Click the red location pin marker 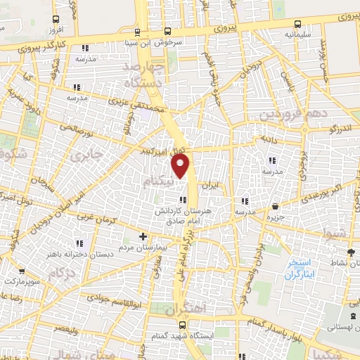click(x=181, y=165)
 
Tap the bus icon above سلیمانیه click(x=294, y=20)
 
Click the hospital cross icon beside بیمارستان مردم click(x=143, y=236)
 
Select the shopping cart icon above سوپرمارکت click(x=23, y=270)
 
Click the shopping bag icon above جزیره click(x=274, y=207)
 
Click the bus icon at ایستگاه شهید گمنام click(x=182, y=325)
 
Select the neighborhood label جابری click(x=92, y=153)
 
